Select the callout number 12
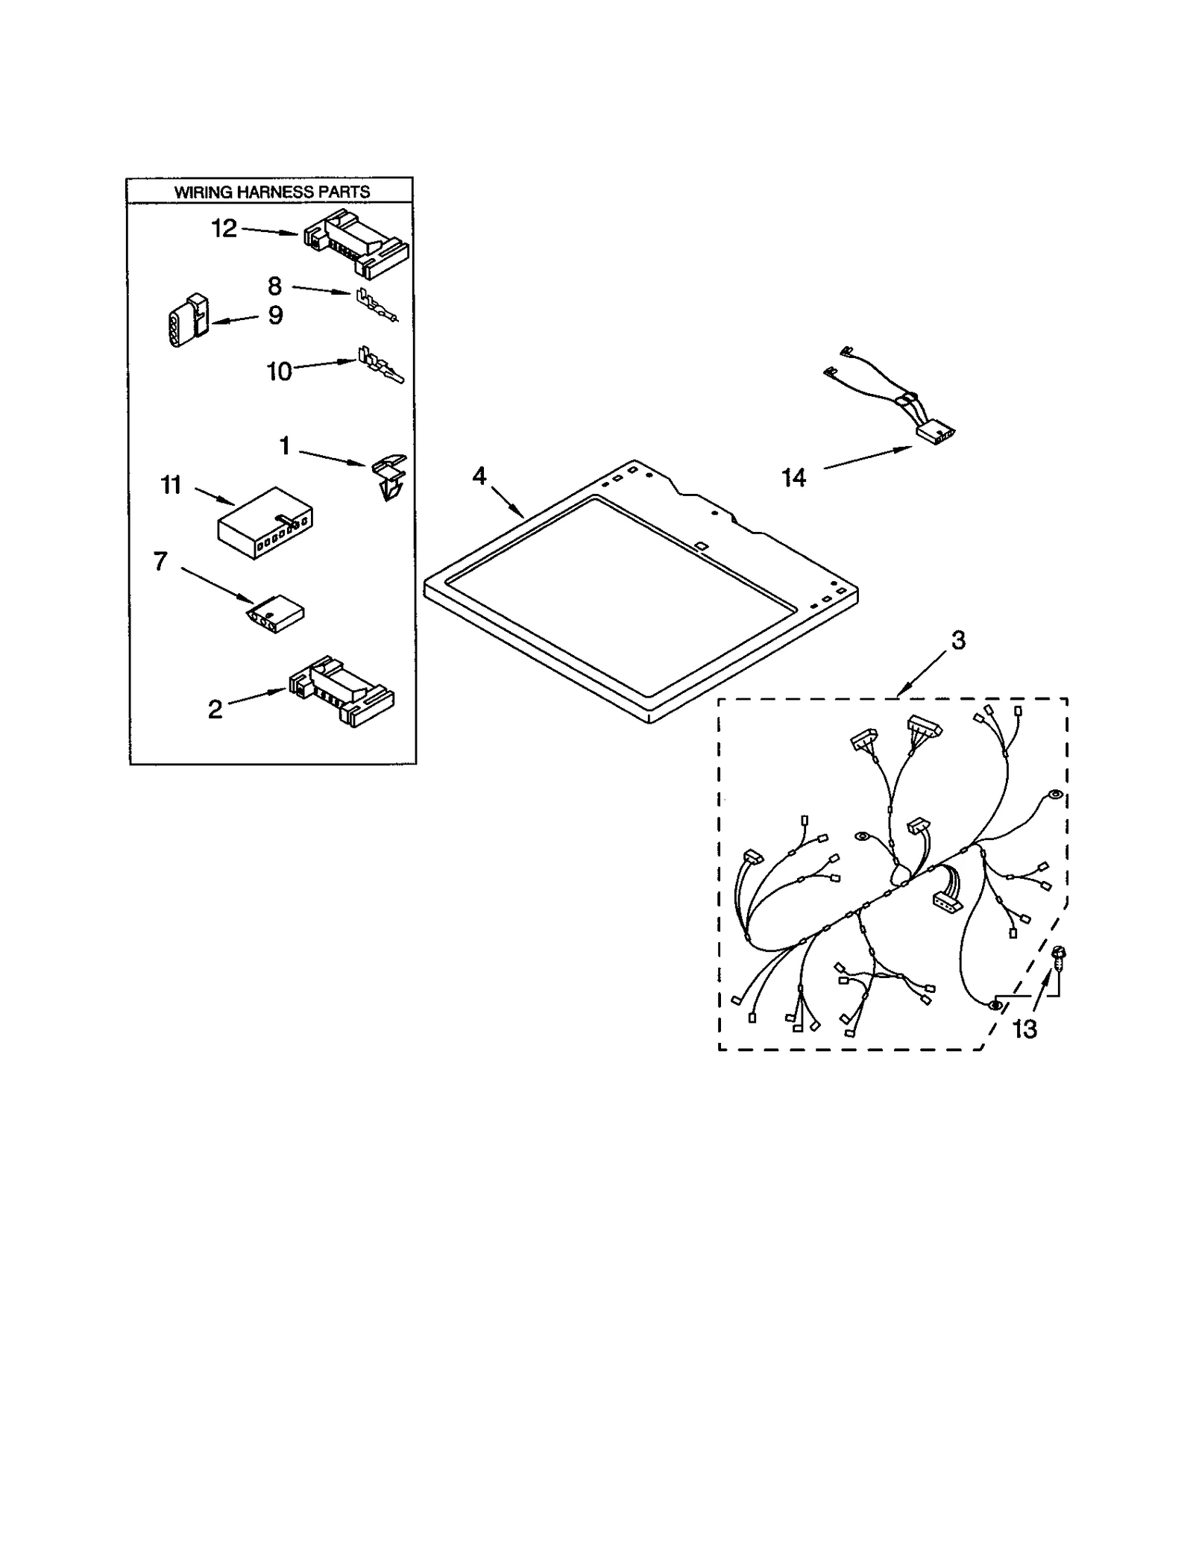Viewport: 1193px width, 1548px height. point(224,228)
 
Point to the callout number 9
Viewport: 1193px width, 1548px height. point(275,316)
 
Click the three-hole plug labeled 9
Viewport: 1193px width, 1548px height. point(186,321)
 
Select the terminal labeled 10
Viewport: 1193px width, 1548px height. point(379,365)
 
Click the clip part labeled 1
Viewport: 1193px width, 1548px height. point(388,476)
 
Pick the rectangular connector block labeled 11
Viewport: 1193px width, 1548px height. point(265,522)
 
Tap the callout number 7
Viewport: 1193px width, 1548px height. point(160,561)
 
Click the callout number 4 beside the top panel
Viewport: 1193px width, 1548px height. point(479,475)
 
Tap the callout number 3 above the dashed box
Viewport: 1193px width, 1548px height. point(958,639)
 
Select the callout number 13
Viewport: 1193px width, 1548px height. point(1024,1030)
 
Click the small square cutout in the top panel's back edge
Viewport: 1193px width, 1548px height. point(700,546)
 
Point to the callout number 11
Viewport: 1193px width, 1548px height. point(171,485)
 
